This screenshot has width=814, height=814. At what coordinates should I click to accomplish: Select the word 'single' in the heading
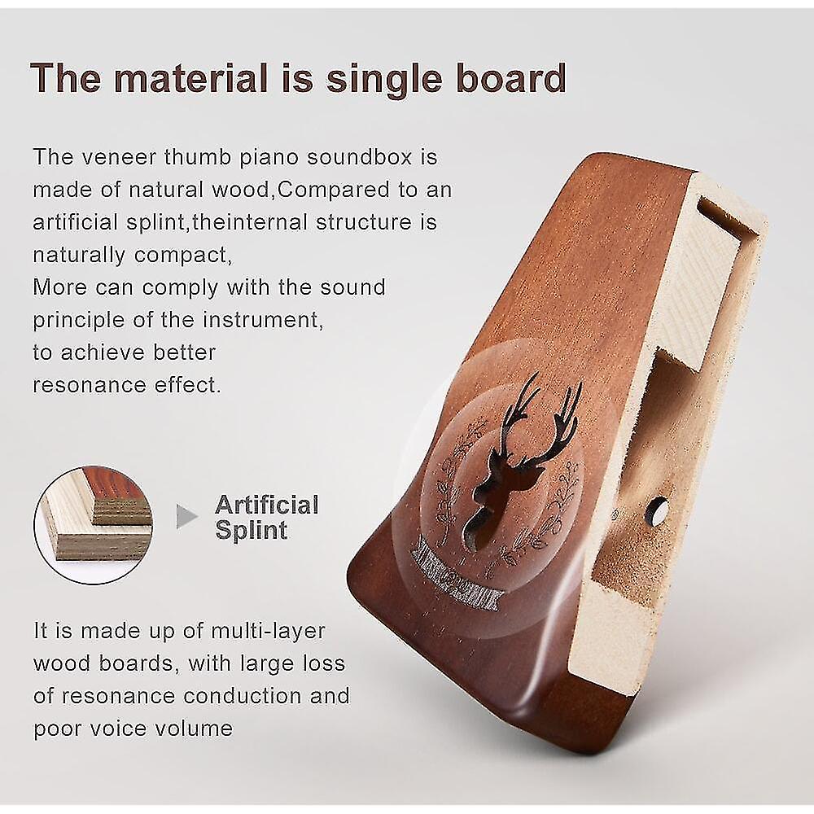point(378,79)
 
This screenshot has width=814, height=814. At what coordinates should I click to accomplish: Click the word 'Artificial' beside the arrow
point(266,505)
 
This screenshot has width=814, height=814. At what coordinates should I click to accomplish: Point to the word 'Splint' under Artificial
point(251,531)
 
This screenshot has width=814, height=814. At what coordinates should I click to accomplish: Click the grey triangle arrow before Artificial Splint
point(186,517)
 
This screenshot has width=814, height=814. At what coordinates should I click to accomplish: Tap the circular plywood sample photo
point(94,525)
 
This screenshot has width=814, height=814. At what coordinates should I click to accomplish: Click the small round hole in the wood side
point(656,511)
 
